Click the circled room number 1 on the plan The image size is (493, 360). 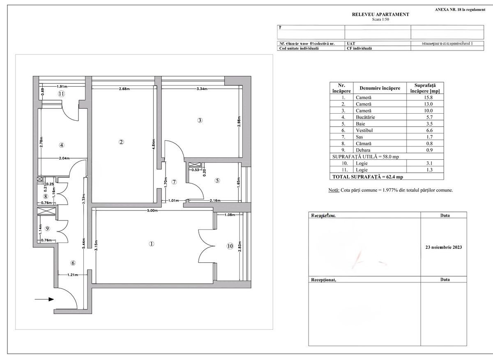click(x=152, y=243)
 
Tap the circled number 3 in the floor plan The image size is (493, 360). click(x=200, y=120)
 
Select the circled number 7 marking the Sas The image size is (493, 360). click(x=174, y=182)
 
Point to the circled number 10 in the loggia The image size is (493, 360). click(x=230, y=246)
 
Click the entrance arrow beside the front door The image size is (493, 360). click(x=44, y=299)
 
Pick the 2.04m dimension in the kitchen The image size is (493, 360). click(x=64, y=158)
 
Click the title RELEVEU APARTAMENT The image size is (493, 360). click(x=380, y=14)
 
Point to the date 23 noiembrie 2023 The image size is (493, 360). click(x=444, y=248)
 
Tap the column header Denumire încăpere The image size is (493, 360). click(x=380, y=88)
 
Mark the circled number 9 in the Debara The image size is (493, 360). click(x=47, y=229)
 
